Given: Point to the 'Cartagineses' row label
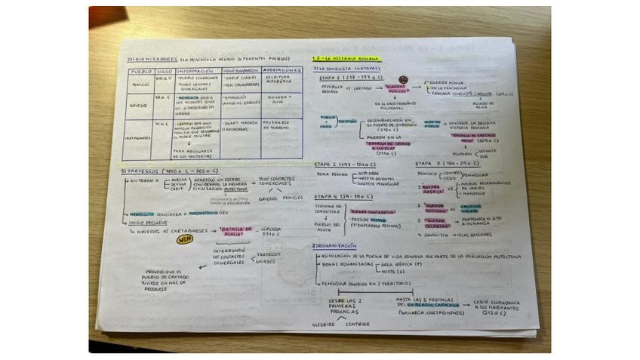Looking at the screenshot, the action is pyautogui.click(x=138, y=138).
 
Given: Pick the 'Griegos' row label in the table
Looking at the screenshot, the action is pyautogui.click(x=138, y=106).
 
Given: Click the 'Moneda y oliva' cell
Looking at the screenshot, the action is pyautogui.click(x=282, y=100).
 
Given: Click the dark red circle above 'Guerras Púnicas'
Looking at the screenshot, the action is pyautogui.click(x=403, y=78).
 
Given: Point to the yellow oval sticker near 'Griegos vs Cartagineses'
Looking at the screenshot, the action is pyautogui.click(x=185, y=239).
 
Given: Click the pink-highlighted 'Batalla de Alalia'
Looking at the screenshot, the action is pyautogui.click(x=237, y=229).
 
